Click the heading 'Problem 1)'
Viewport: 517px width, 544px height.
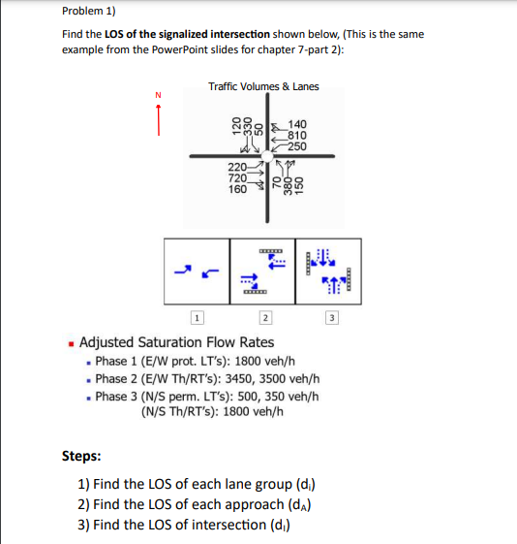tap(86, 11)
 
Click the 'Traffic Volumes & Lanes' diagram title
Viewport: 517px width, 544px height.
tap(263, 87)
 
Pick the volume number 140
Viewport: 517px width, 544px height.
tap(297, 125)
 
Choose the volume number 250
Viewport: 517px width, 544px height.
tap(297, 146)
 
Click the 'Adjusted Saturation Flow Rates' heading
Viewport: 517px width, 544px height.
tap(176, 342)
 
